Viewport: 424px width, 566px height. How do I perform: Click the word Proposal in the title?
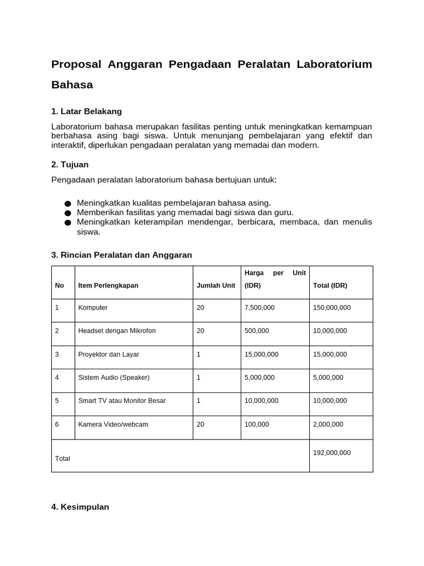[76, 64]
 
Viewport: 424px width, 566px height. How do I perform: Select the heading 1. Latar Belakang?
[86, 111]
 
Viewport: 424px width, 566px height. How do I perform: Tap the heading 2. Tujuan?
[70, 164]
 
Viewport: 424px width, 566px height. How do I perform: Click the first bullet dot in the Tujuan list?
[67, 203]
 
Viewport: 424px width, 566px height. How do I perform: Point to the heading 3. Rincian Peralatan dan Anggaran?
[121, 255]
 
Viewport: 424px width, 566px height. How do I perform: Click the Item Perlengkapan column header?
[108, 286]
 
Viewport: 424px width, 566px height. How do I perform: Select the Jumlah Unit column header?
[216, 286]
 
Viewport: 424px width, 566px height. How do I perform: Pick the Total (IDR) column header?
[330, 286]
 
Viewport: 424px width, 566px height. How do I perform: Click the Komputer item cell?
[93, 307]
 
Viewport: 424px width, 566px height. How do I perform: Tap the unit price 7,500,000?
[259, 307]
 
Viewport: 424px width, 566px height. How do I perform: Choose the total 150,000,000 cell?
[332, 307]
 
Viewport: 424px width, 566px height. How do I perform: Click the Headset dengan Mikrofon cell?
[117, 331]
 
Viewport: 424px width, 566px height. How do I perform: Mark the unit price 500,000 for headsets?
[257, 331]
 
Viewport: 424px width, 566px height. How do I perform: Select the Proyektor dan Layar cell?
[109, 354]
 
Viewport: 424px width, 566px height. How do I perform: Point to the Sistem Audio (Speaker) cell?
[114, 377]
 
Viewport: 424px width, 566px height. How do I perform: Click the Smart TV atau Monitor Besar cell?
[122, 400]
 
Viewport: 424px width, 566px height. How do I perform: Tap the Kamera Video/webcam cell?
[113, 424]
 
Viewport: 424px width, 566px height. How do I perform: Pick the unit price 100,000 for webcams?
[257, 424]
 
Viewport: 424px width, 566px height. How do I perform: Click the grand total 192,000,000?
[332, 452]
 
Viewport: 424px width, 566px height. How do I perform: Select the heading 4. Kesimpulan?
[80, 506]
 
